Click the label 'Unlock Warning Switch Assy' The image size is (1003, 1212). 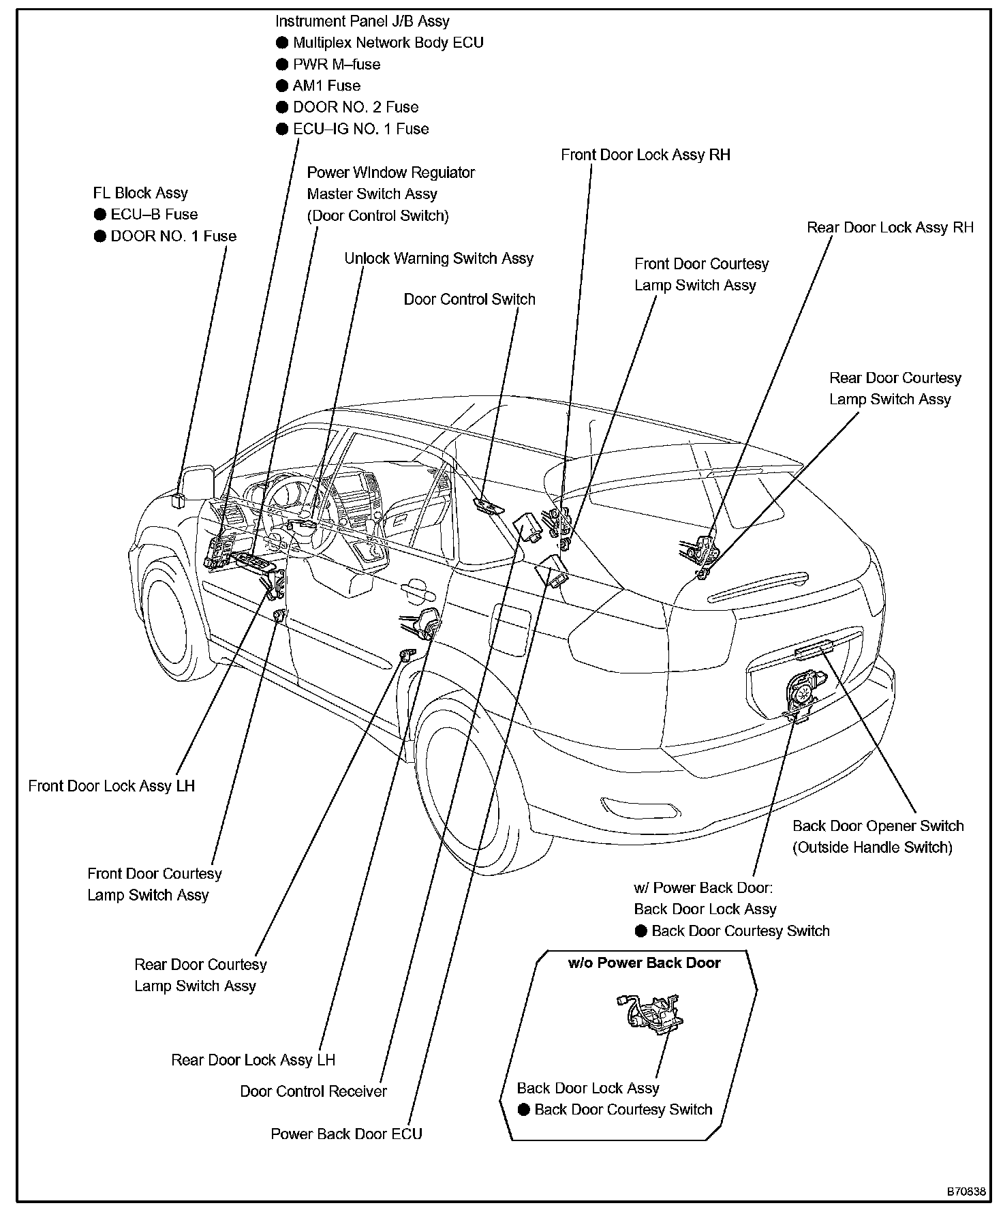438,258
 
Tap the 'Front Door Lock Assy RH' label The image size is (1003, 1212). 645,155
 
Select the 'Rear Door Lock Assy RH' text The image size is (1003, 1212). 890,228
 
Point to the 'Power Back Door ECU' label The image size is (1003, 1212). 346,1134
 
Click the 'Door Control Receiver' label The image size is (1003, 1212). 313,1091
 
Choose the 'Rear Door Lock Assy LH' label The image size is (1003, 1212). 253,1060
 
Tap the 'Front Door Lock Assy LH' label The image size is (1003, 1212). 111,786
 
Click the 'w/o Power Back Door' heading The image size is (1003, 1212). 644,963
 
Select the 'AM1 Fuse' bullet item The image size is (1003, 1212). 326,86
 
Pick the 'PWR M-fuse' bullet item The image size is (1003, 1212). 337,64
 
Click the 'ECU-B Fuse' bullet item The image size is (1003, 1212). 154,214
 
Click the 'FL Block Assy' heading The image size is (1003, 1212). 140,193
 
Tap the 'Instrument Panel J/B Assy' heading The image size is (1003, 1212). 362,21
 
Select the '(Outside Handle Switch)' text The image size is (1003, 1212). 872,847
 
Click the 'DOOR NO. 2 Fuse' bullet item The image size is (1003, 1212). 355,107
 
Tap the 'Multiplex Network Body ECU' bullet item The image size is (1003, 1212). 388,42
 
